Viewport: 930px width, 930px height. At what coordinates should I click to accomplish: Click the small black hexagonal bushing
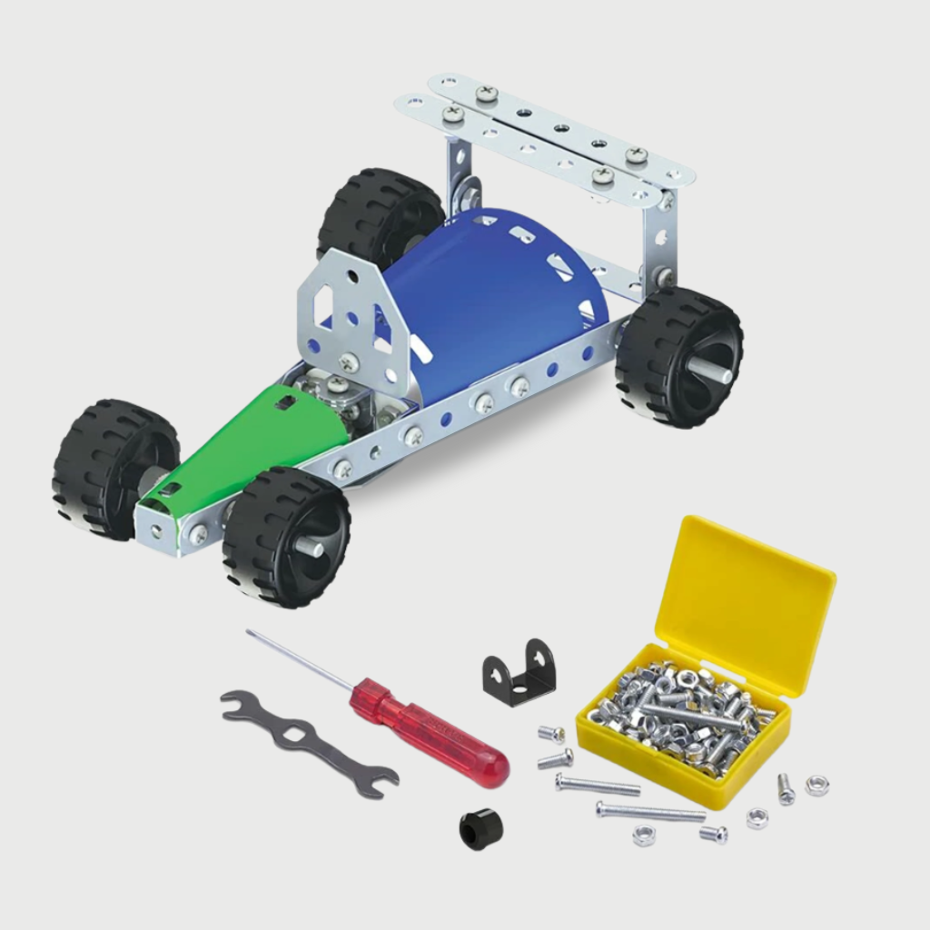[x=481, y=829]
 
